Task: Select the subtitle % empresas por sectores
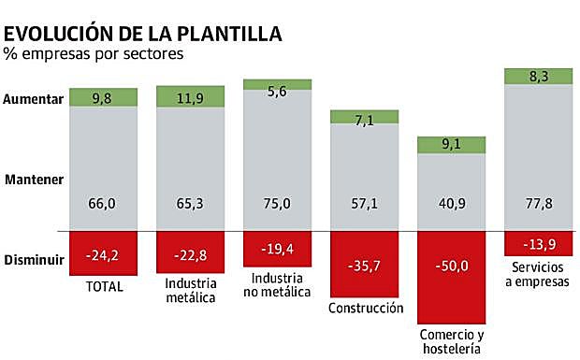94,53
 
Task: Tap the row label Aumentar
35,98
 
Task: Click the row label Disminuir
35,260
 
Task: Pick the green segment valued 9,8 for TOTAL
104,97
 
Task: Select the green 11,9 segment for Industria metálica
191,95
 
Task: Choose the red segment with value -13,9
539,243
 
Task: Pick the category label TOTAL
104,286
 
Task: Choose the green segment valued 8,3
539,76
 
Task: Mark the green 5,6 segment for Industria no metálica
277,84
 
